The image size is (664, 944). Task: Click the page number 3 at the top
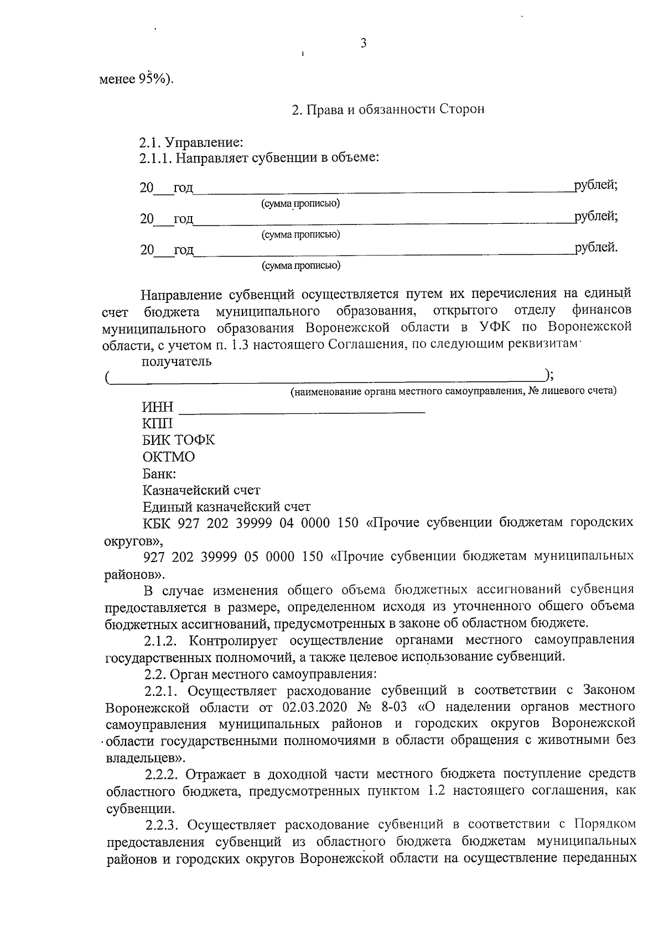[x=364, y=44]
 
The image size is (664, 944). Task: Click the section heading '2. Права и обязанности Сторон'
[x=388, y=109]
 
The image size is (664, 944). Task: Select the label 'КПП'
[x=158, y=424]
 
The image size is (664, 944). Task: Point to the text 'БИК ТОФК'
[x=179, y=440]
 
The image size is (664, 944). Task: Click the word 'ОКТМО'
[x=169, y=457]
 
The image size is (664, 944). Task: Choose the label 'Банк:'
[x=159, y=474]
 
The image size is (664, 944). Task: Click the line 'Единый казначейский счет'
[x=226, y=507]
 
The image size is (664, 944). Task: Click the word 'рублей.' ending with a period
[x=596, y=248]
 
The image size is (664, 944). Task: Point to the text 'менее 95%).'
[x=136, y=79]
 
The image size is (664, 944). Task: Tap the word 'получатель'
[x=177, y=362]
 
